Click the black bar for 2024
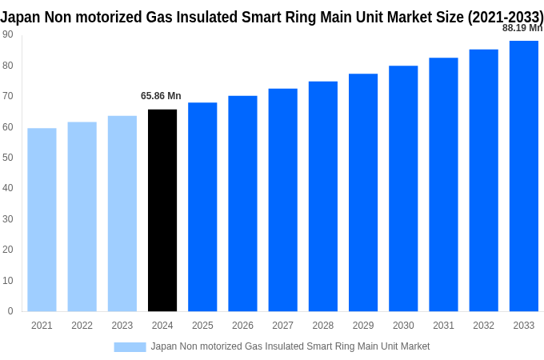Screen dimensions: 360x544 coord(162,210)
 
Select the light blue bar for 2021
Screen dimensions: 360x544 coord(42,220)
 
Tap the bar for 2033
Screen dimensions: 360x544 coord(523,176)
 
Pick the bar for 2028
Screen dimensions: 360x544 coord(323,197)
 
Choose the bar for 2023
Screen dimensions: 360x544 coord(122,214)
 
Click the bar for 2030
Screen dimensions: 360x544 coord(403,189)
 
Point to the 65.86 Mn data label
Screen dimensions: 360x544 coord(161,96)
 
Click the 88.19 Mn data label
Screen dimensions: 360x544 coord(522,28)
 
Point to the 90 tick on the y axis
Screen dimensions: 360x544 coord(7,34)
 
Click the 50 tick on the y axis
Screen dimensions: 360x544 coord(7,158)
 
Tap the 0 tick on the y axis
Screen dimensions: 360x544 coord(10,311)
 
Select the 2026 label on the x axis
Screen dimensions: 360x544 coord(242,326)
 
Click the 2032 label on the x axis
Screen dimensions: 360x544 coord(483,326)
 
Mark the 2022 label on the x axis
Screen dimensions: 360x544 coord(82,326)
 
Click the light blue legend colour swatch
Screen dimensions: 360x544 coord(130,346)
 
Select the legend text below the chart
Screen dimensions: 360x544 coord(290,346)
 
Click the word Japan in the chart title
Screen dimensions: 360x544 coord(20,17)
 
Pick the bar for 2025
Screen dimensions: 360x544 coord(202,206)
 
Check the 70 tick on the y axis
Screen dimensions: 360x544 coord(7,96)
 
